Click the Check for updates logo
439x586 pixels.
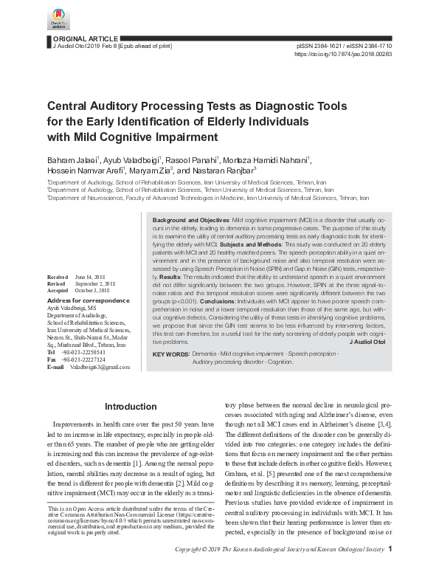click(x=58, y=19)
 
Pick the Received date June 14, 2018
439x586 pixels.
click(x=89, y=276)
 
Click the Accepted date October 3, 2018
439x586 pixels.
click(x=94, y=290)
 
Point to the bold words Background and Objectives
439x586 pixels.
click(x=190, y=221)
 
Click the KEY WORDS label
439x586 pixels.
click(x=170, y=355)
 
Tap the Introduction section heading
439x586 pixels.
click(x=131, y=407)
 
